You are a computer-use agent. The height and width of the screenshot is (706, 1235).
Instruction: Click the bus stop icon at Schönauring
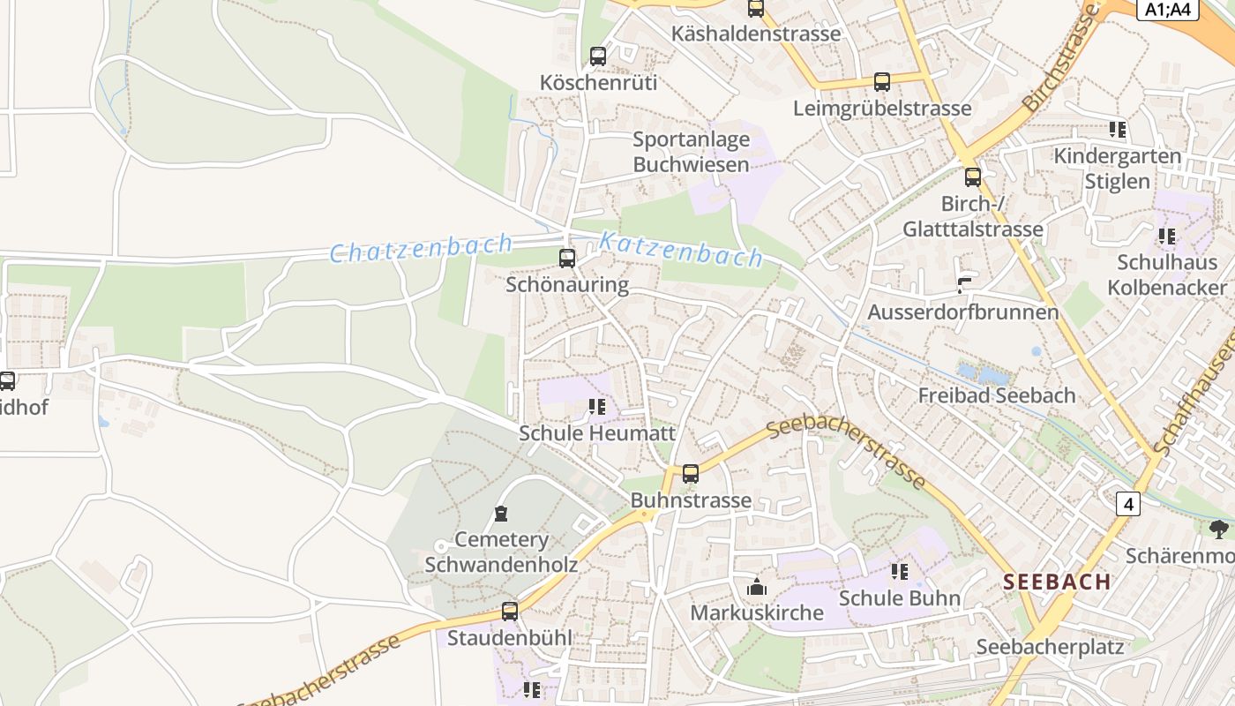[x=567, y=259]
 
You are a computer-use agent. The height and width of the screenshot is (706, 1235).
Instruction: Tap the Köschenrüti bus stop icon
[x=598, y=56]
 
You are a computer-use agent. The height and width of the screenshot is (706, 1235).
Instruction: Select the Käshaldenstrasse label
[x=756, y=34]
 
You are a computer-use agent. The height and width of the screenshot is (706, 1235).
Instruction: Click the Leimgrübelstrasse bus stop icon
[x=881, y=82]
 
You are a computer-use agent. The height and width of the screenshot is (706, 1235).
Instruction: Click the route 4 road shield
[x=1127, y=504]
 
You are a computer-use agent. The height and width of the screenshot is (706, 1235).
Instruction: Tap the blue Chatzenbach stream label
[x=421, y=249]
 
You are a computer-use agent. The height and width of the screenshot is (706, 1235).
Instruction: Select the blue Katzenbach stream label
[x=681, y=250]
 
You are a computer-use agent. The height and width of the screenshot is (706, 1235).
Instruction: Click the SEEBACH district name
[x=1057, y=582]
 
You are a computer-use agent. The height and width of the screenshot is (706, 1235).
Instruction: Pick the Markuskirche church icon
[x=756, y=587]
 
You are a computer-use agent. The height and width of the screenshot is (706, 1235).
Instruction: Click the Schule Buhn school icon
[x=900, y=572]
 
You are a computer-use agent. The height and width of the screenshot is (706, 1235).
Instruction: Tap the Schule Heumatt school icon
[x=597, y=407]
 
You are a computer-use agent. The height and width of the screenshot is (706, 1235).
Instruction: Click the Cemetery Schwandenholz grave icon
[x=501, y=514]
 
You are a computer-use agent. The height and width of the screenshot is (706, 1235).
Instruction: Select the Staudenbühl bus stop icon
[x=510, y=611]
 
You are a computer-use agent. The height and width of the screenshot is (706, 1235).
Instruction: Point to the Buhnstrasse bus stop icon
[x=691, y=474]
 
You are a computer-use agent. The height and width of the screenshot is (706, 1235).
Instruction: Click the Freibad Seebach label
[x=997, y=395]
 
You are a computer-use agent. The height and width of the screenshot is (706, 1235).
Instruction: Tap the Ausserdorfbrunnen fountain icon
[x=963, y=285]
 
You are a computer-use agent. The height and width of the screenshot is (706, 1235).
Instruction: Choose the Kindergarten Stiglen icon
[x=1118, y=130]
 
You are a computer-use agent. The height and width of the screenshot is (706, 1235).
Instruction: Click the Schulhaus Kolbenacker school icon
[x=1167, y=237]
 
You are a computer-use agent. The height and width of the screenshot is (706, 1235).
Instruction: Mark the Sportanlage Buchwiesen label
[x=692, y=152]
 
